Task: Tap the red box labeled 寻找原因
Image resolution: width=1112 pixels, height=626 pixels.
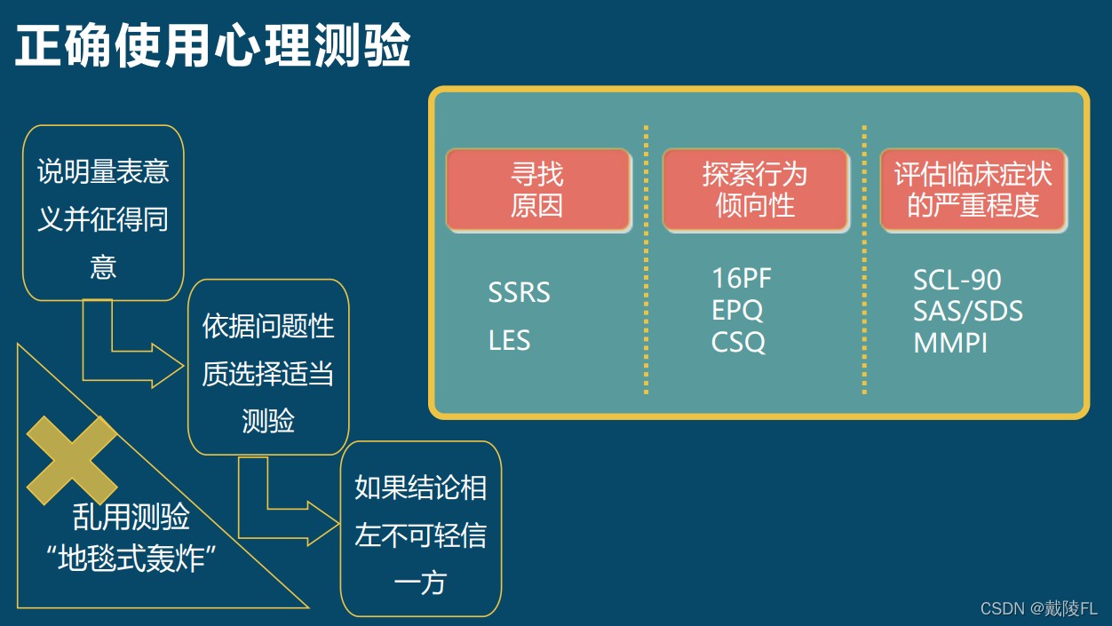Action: tap(537, 190)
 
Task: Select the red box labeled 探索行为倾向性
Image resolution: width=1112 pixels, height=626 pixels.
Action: tap(755, 190)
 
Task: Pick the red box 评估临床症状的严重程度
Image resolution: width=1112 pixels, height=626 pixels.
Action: tap(973, 190)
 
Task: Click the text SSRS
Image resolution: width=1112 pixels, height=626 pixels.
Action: tap(519, 293)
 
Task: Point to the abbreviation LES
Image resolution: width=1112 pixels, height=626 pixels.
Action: tap(509, 340)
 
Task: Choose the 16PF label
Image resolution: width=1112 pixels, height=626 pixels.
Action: tap(742, 278)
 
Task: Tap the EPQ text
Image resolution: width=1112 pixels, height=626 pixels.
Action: tap(737, 310)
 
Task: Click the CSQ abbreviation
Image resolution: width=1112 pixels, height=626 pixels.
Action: tap(738, 342)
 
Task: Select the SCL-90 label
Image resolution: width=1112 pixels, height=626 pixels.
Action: tap(957, 280)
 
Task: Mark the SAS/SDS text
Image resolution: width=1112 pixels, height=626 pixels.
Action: tap(967, 312)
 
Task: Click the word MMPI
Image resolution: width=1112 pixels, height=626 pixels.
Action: tap(949, 344)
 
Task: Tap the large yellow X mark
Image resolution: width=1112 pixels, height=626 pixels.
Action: tap(72, 460)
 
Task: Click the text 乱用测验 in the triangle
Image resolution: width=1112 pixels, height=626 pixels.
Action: tap(131, 517)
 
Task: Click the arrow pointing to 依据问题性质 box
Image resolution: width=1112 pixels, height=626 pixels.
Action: tap(133, 351)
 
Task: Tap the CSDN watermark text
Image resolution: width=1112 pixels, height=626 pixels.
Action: tap(1038, 608)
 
